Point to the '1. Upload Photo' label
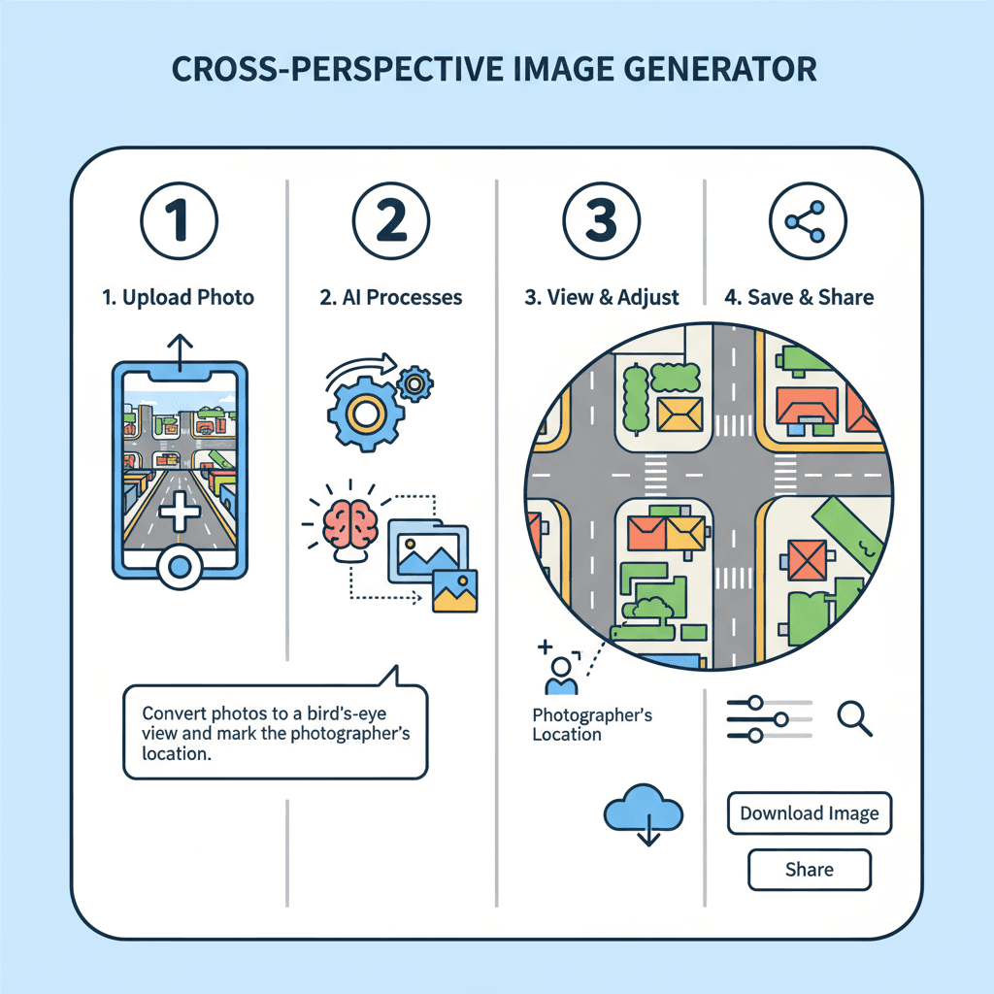point(179,298)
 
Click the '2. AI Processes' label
point(391,298)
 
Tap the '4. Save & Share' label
point(799,298)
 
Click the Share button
point(810,869)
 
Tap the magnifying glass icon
point(853,717)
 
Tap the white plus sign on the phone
point(180,511)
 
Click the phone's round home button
point(180,567)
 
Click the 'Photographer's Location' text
point(592,725)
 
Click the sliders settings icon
point(769,718)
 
